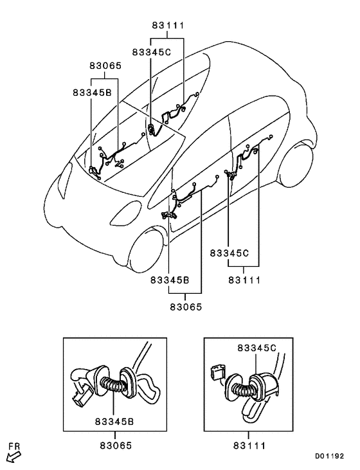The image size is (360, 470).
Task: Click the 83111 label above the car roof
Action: (x=168, y=25)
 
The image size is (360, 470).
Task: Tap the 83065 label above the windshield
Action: (x=105, y=66)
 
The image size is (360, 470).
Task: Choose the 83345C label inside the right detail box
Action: (x=258, y=348)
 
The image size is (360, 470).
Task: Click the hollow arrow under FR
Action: (x=10, y=458)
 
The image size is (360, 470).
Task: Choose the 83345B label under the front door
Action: (x=170, y=280)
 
